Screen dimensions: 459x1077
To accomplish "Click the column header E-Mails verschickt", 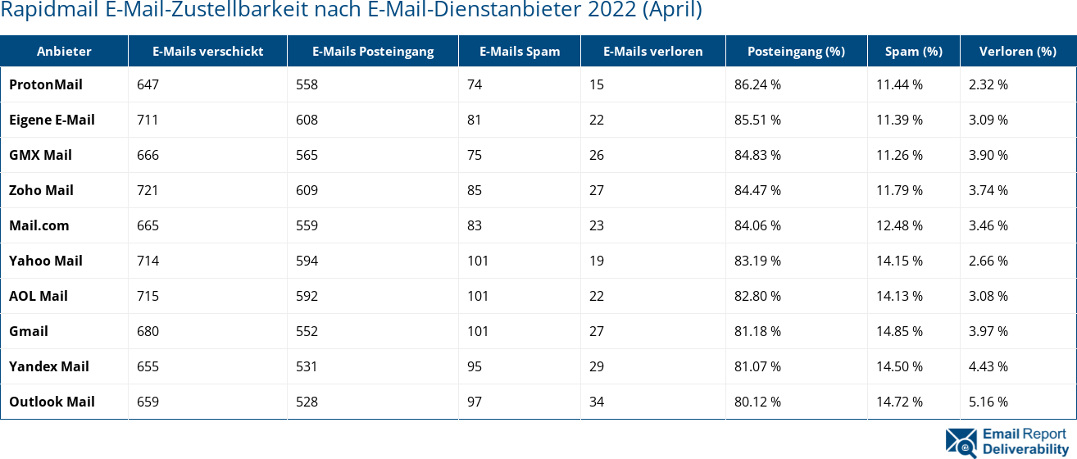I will pos(207,51).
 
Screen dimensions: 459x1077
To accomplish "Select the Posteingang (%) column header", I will pos(795,51).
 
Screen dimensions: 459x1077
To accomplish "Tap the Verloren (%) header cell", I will pos(1017,51).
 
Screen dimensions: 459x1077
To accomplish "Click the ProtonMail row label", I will pos(46,84).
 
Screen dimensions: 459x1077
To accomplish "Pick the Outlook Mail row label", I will pos(52,402).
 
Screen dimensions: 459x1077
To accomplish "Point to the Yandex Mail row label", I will pos(49,366).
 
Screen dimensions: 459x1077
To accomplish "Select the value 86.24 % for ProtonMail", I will pos(757,84).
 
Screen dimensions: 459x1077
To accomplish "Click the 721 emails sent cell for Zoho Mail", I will pos(148,190).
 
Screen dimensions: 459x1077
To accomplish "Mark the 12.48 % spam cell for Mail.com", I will pos(899,225).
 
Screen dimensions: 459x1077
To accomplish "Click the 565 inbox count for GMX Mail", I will pos(307,155).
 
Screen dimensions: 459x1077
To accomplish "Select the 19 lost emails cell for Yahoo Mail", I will pos(596,261).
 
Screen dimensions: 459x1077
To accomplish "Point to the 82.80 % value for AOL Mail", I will pos(757,296).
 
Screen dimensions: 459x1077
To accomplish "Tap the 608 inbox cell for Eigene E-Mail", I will pos(307,120).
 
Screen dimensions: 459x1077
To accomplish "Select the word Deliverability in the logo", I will pos(1025,448).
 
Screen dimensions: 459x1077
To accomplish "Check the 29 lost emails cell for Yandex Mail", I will pos(596,366).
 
